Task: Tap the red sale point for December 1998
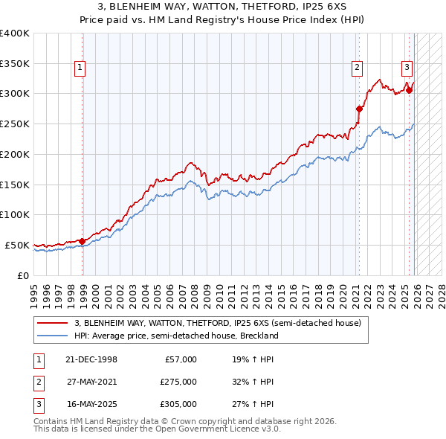[x=82, y=240]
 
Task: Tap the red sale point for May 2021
[x=358, y=109]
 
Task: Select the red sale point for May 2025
[x=409, y=90]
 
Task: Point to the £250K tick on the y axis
[x=15, y=124]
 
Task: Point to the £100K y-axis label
[x=15, y=214]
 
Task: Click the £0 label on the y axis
[x=21, y=275]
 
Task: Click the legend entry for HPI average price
[x=175, y=336]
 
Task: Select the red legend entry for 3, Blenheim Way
[x=217, y=323]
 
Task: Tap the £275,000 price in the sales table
[x=178, y=382]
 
